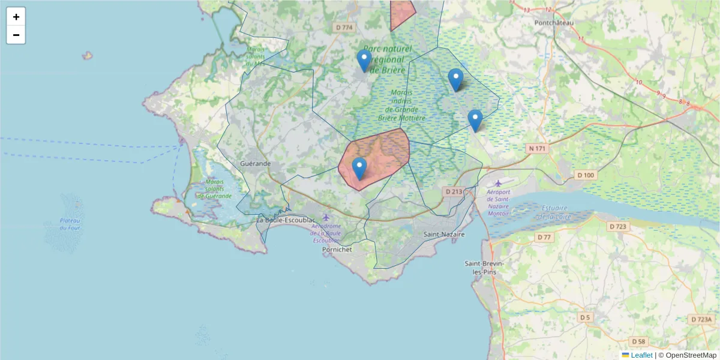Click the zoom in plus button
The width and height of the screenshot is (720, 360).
pos(16,17)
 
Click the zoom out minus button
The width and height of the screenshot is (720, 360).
pos(16,35)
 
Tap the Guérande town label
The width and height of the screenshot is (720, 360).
pos(255,163)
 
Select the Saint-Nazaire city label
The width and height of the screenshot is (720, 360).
pos(444,235)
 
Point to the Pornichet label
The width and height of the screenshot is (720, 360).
pos(337,248)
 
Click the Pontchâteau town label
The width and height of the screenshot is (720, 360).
pos(554,23)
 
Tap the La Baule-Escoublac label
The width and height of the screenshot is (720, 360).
pos(286,220)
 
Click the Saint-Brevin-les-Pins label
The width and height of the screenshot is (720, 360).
pos(484,268)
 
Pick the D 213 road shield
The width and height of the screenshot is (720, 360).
pos(454,192)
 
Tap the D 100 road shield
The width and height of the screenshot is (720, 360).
pos(585,175)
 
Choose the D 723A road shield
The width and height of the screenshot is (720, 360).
pos(701,320)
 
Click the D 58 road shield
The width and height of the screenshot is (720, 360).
pos(638,341)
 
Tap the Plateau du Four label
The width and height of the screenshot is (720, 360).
pos(70,224)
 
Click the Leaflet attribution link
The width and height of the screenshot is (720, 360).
pos(641,355)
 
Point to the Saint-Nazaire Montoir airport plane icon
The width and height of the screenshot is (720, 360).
pos(498,183)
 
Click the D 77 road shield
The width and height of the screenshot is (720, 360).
pos(544,238)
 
